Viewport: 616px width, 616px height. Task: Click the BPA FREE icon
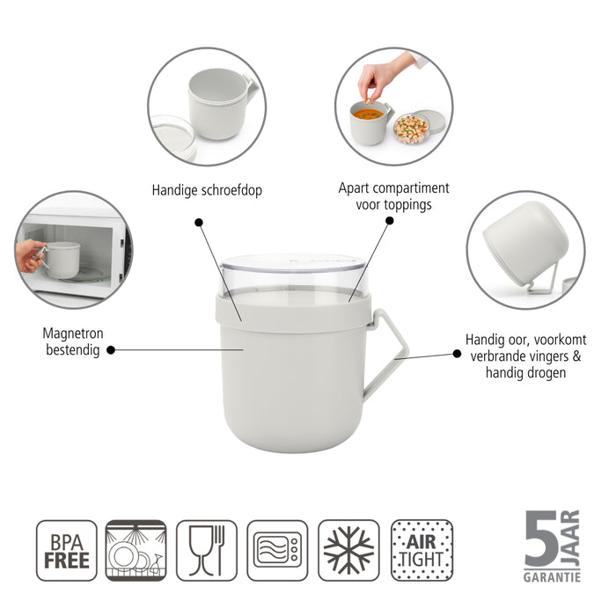point(66,550)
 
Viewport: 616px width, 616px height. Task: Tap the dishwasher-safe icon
point(136,550)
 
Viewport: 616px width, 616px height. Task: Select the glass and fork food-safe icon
point(207,550)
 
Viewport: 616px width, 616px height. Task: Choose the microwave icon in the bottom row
point(277,550)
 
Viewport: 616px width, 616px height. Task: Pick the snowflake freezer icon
point(348,550)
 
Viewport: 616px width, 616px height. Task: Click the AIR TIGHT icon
point(422,550)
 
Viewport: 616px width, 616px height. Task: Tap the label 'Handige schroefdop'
point(207,189)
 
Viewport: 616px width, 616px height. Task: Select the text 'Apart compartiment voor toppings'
point(393,195)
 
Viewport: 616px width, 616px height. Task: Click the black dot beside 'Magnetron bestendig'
point(112,349)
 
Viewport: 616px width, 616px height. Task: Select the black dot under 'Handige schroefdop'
point(198,224)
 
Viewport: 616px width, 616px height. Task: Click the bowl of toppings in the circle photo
point(411,128)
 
